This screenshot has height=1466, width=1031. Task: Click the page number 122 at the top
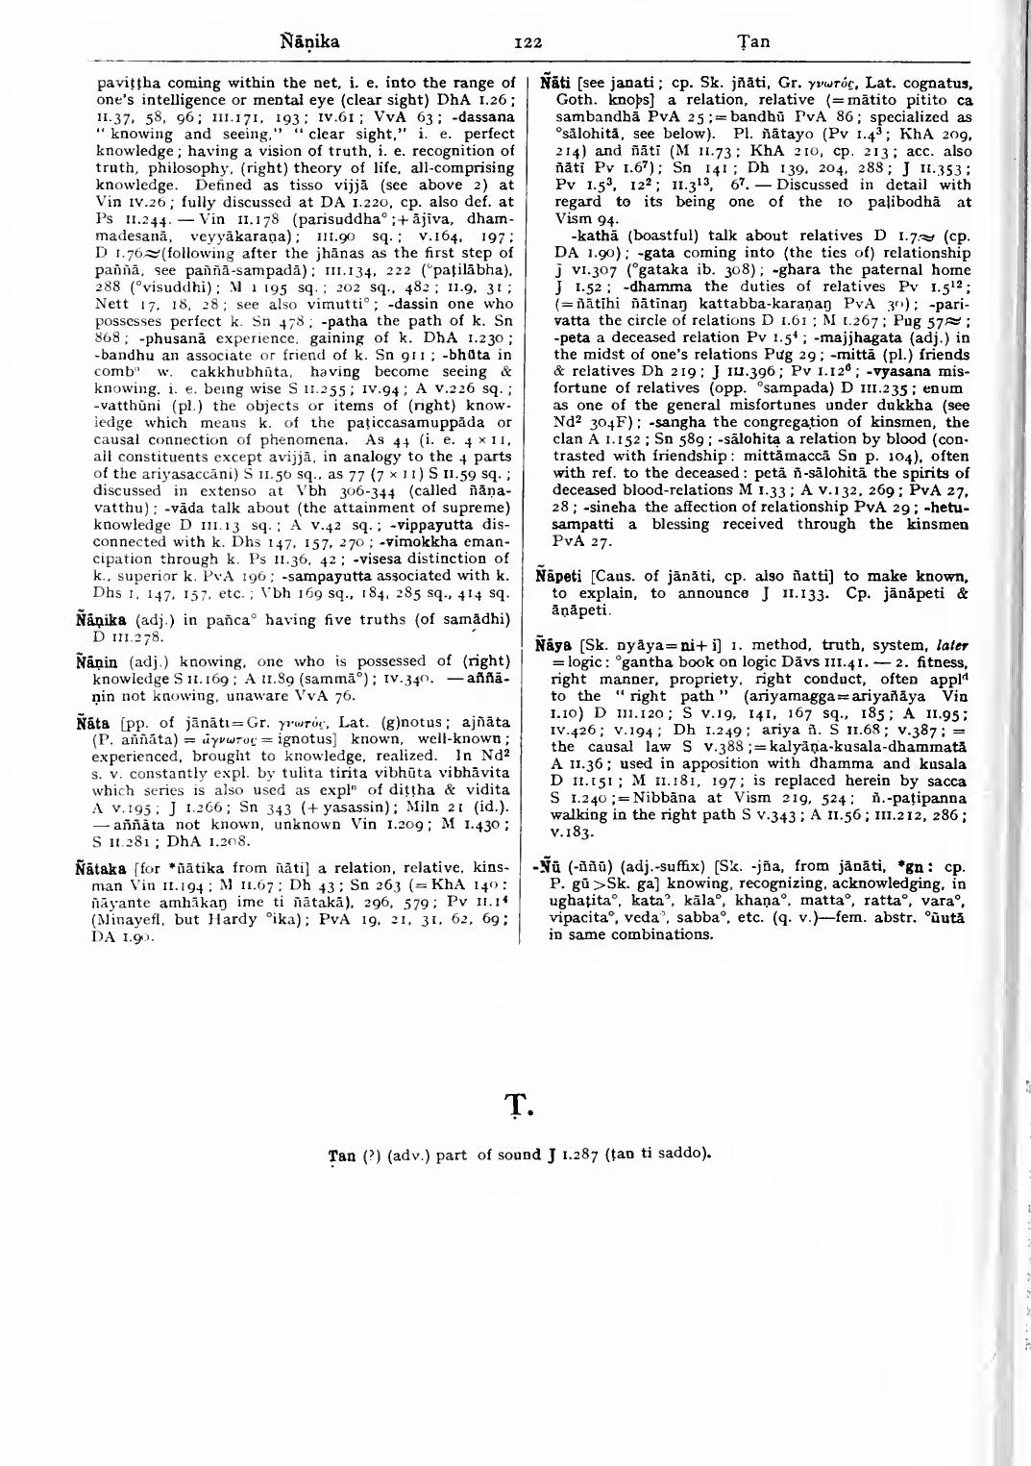528,42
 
